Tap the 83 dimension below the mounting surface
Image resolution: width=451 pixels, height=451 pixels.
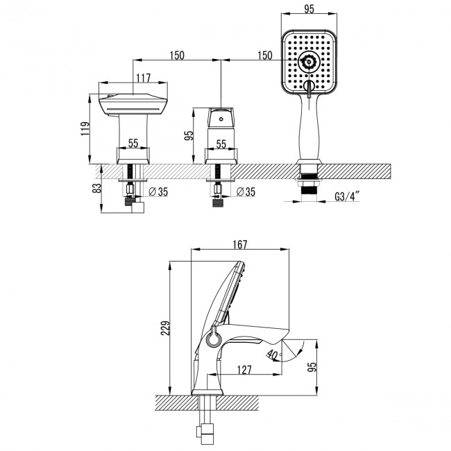(96, 187)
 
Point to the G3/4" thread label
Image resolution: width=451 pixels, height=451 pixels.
(348, 197)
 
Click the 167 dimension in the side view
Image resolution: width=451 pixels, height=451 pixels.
(239, 245)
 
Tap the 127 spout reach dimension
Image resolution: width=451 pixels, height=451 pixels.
(242, 371)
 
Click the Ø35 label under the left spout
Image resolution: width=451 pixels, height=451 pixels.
(158, 191)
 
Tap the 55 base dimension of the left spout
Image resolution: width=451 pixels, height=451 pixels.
(132, 144)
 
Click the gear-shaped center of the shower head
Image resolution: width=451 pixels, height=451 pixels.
(307, 64)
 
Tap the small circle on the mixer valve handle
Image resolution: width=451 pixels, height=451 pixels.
(221, 119)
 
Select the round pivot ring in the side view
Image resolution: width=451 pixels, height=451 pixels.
(213, 339)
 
